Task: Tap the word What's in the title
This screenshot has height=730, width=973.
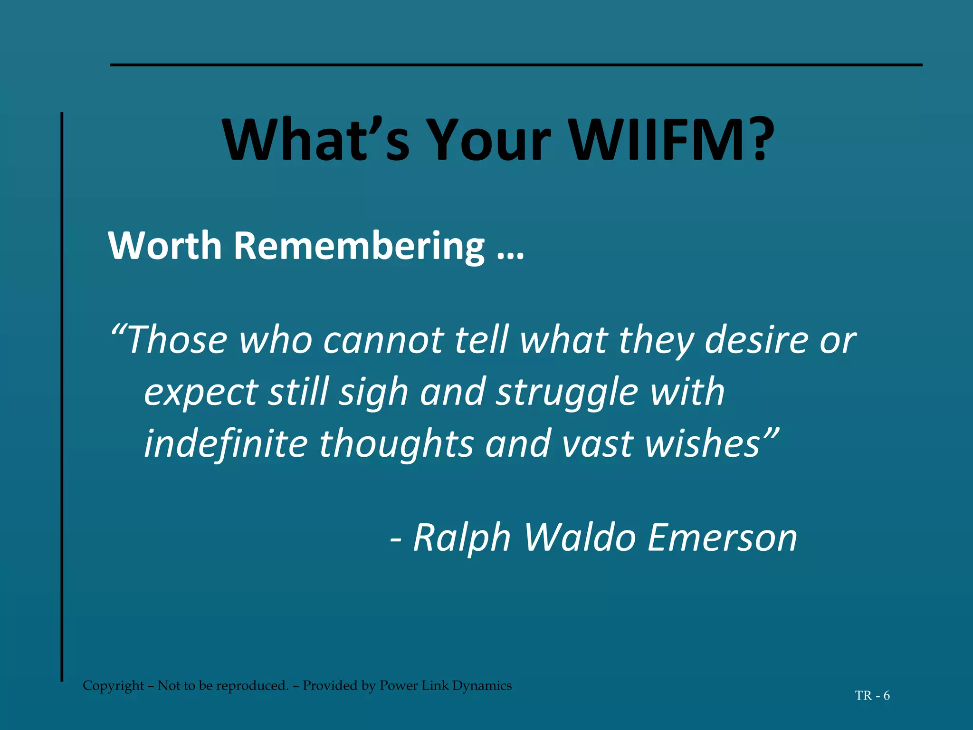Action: pyautogui.click(x=316, y=140)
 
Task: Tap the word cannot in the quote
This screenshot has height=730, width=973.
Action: pyautogui.click(x=383, y=341)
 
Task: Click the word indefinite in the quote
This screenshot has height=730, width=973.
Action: pyautogui.click(x=226, y=443)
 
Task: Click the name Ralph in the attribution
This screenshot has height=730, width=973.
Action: pyautogui.click(x=461, y=538)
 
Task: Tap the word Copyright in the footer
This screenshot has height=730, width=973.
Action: pyautogui.click(x=113, y=686)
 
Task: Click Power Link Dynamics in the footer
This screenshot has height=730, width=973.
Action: pyautogui.click(x=445, y=686)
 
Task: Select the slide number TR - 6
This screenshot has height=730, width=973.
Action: pyautogui.click(x=872, y=696)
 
